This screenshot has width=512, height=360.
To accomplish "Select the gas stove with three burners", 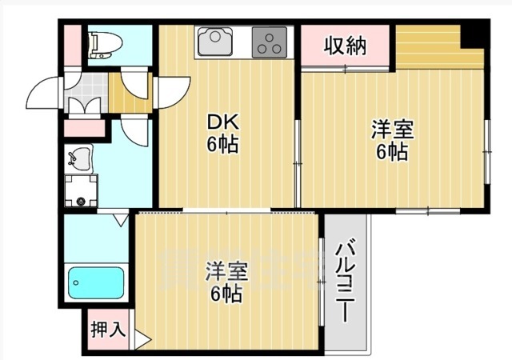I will [x=270, y=42].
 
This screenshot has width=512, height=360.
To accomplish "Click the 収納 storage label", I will [x=345, y=46].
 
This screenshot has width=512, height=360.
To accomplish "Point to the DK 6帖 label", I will [x=224, y=133].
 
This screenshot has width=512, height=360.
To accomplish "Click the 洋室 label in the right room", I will [x=391, y=139].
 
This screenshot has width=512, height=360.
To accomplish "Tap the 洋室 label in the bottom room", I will [x=225, y=280].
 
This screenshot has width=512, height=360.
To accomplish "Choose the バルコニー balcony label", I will [x=346, y=280].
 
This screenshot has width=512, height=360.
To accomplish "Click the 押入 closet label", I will [x=106, y=329].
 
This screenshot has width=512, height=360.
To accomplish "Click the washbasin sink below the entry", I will [x=80, y=160].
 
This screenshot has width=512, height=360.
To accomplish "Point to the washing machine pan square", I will [x=81, y=190].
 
